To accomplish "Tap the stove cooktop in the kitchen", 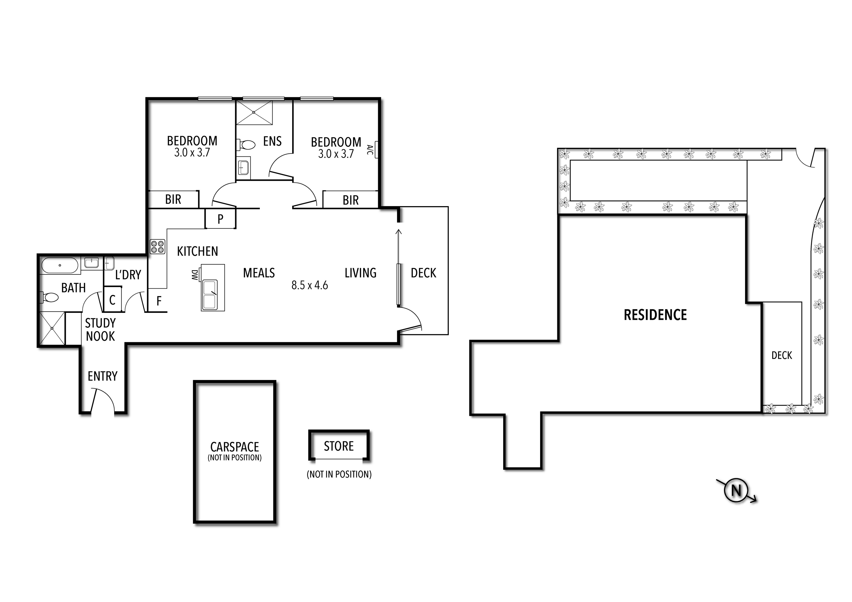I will (x=157, y=247).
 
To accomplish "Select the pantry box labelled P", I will (x=220, y=219).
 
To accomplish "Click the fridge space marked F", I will (x=159, y=301).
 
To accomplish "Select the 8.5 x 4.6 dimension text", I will (x=310, y=285).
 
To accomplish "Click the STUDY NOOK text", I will (x=100, y=330).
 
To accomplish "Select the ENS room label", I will (x=272, y=141).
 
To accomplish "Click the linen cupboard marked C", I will (x=112, y=300).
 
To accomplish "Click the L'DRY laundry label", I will (x=128, y=275).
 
